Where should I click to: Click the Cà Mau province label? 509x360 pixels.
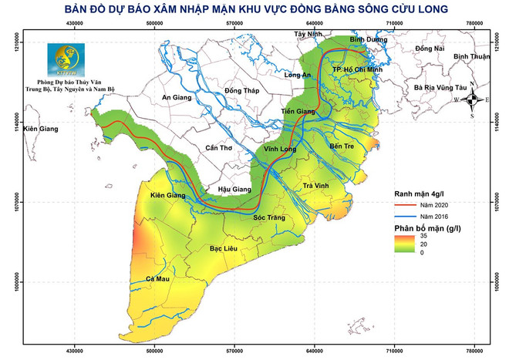(x=157, y=278)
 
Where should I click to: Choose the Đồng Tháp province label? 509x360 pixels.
(x=242, y=91)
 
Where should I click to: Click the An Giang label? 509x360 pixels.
(x=177, y=97)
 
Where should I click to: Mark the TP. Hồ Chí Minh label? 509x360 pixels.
(x=358, y=69)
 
